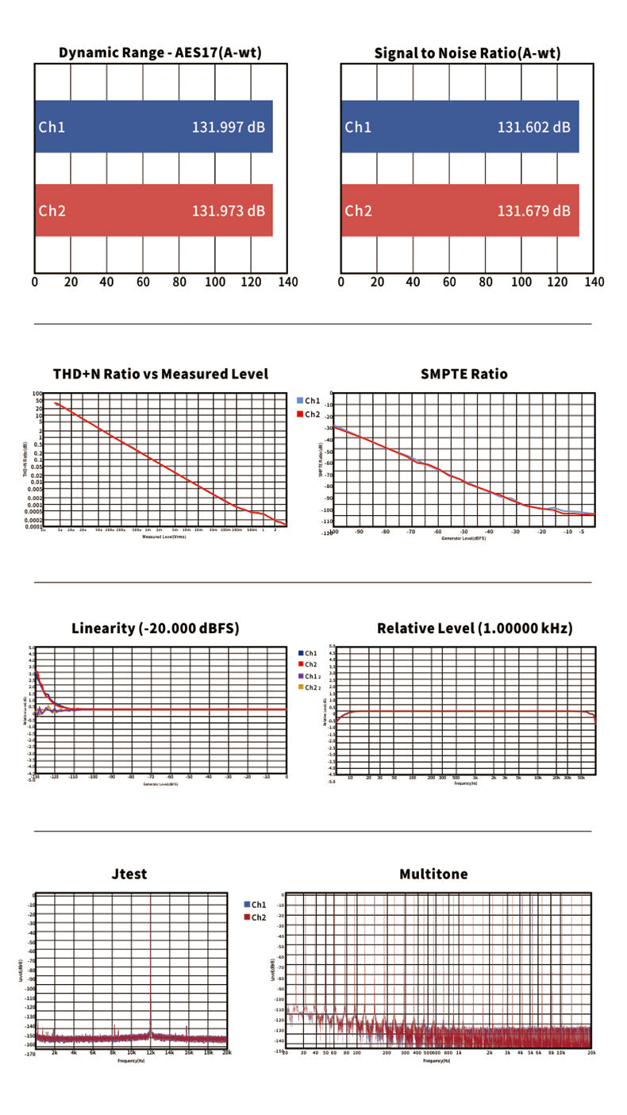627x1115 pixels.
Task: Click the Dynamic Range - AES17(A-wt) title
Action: point(160,53)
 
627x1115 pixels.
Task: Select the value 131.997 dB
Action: point(229,127)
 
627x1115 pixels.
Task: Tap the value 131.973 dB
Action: point(229,210)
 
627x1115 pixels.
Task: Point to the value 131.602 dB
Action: point(534,127)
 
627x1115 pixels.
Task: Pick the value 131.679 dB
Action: point(534,210)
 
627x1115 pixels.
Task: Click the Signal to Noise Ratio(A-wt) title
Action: point(467,53)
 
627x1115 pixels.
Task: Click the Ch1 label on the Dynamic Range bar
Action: point(52,127)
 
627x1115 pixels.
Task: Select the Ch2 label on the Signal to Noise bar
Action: point(358,210)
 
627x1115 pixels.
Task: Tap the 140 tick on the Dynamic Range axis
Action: point(287,282)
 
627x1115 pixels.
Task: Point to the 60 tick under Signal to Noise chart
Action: point(449,282)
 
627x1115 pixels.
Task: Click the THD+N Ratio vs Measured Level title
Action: point(160,374)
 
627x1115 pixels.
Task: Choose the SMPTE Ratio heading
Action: point(464,374)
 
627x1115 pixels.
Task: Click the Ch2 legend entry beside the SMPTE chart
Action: point(309,414)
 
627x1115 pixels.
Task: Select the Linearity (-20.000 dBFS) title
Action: point(156,629)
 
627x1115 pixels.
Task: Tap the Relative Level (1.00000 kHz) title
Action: point(475,629)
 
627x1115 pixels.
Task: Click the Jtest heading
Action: point(129,874)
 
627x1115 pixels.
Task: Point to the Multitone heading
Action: point(433,874)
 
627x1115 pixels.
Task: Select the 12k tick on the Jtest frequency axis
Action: point(151,1052)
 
